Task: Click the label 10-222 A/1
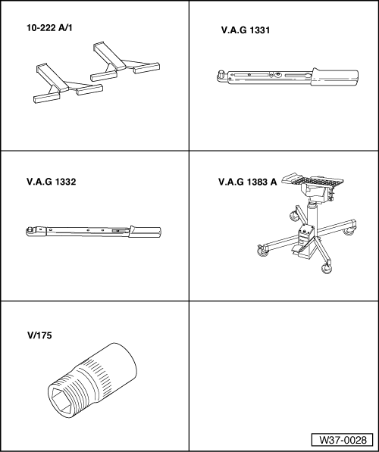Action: [x=49, y=28]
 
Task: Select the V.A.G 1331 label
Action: [x=246, y=30]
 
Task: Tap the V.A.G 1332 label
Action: [x=52, y=182]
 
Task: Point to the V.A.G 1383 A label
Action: [x=248, y=182]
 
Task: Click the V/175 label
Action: [x=39, y=335]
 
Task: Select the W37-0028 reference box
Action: [x=342, y=440]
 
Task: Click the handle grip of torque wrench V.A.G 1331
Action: [x=335, y=77]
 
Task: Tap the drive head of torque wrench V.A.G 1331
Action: [x=222, y=76]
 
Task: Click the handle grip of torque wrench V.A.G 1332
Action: [x=145, y=232]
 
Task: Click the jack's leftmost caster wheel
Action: [x=262, y=251]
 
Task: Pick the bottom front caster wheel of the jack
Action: [x=327, y=269]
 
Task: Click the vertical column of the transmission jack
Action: [x=312, y=217]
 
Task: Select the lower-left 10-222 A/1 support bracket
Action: [x=68, y=83]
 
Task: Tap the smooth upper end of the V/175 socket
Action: [x=121, y=366]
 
